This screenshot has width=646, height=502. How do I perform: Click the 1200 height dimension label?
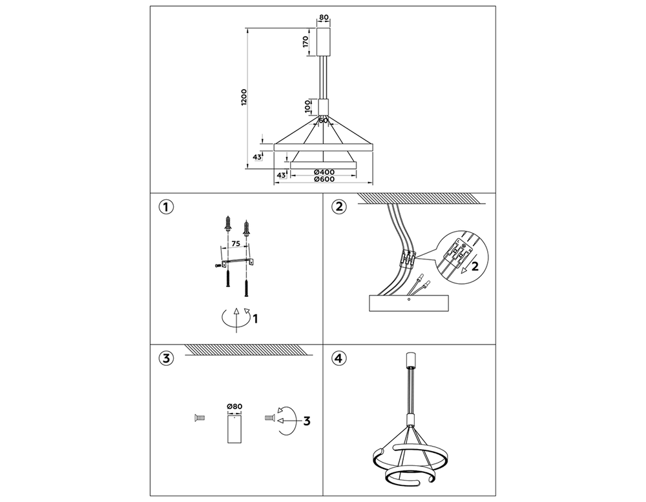click(244, 97)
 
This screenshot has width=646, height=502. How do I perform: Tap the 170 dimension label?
click(305, 41)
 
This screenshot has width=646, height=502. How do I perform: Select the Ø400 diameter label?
click(324, 172)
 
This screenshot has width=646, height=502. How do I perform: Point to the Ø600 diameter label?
click(324, 179)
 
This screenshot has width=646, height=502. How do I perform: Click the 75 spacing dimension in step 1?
click(235, 244)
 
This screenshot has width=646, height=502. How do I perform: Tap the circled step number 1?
click(166, 207)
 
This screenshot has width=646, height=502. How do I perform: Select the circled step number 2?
click(339, 207)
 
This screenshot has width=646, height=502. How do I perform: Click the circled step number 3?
click(166, 358)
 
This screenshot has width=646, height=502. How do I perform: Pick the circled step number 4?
click(339, 358)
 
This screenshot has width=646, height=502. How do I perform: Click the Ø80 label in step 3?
click(234, 407)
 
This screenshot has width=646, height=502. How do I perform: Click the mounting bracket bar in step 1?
click(238, 262)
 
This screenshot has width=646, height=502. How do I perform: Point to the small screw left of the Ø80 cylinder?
click(200, 418)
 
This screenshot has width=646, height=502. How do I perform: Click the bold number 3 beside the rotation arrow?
click(306, 421)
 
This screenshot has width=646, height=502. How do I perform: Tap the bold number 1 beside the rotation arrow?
click(255, 319)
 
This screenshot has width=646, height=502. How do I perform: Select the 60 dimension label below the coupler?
click(324, 121)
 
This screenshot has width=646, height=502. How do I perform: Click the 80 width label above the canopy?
click(324, 17)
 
